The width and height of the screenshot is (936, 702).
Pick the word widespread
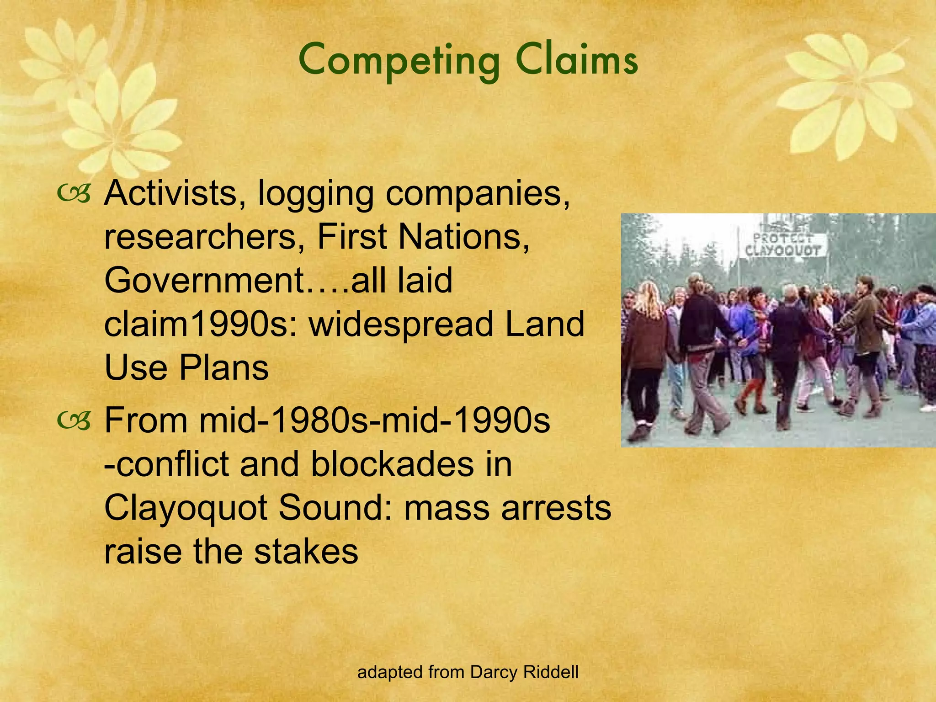(401, 324)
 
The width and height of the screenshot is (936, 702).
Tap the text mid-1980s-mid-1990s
(375, 420)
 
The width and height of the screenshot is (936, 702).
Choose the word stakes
(306, 551)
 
